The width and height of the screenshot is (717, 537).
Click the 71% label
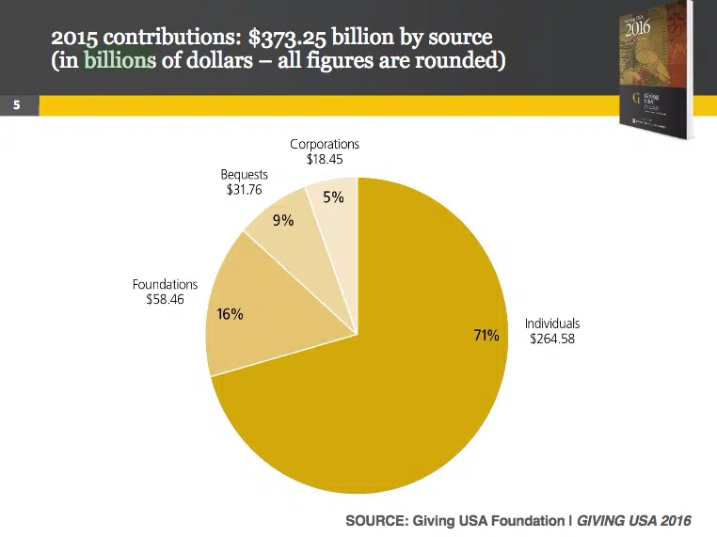coord(486,336)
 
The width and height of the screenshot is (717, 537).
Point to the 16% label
coord(231,314)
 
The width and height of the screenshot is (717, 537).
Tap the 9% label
coord(283,221)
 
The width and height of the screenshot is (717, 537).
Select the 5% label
coord(333,198)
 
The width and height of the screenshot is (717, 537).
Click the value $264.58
coord(552,339)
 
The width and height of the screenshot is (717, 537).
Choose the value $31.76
coord(244,189)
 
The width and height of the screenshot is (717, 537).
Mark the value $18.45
coord(325,159)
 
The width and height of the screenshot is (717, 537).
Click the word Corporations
coord(325,145)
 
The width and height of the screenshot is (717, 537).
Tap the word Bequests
coord(244,175)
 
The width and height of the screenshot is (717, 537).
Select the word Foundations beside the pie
coord(165,284)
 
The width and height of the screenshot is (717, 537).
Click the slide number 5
coord(16,105)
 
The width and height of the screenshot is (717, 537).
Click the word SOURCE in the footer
coord(374,520)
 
